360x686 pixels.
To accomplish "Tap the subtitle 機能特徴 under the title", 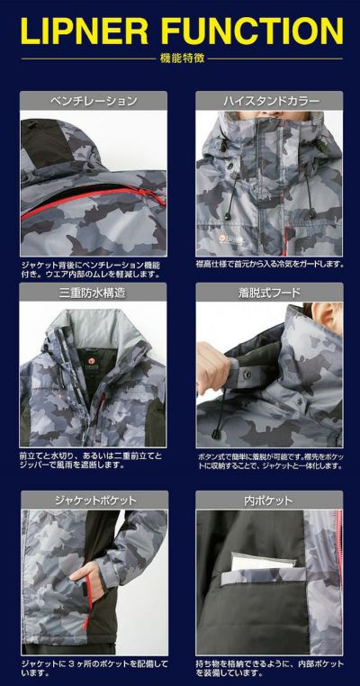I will pyautogui.click(x=179, y=59).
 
